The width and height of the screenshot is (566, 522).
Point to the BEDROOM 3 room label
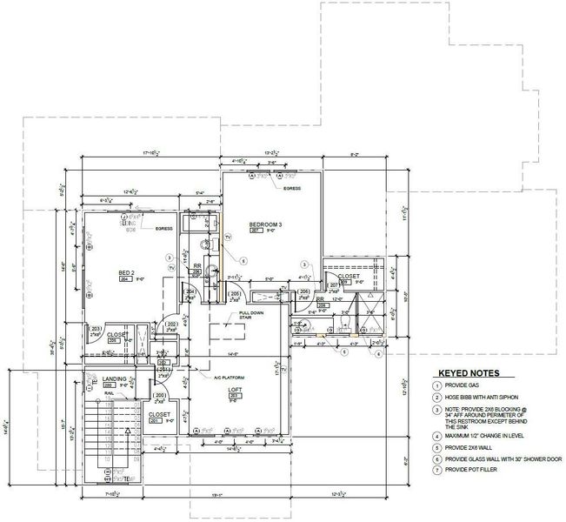coord(266,224)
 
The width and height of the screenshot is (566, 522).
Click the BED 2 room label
coord(125,273)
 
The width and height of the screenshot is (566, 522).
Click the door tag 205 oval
coord(235,294)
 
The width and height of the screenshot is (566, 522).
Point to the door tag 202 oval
coord(171,325)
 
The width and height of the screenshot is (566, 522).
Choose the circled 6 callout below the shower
coord(343,352)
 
